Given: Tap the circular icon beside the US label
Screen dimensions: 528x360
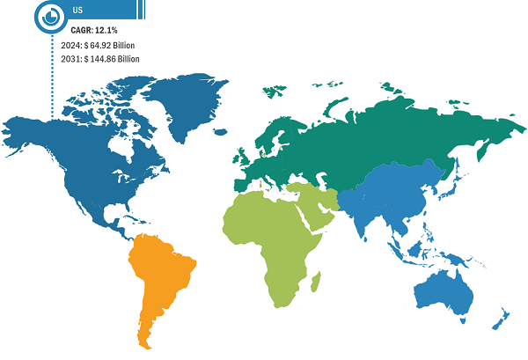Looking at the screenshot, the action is (51, 13).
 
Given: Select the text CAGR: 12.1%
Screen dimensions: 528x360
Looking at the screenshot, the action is (94, 30).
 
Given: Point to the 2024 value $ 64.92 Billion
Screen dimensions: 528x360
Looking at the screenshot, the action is (105, 44).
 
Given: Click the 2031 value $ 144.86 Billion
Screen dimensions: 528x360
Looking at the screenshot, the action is (106, 58).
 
